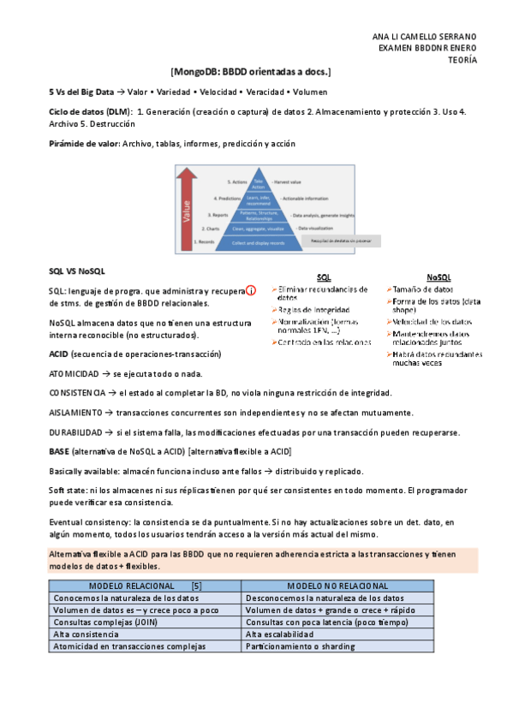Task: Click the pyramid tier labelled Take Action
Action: tap(259, 185)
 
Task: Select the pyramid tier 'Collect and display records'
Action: tap(259, 243)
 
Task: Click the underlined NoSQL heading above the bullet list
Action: tap(438, 277)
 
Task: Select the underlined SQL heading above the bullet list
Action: tap(324, 277)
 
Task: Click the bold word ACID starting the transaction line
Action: tap(58, 354)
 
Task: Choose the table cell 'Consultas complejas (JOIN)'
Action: tap(100, 622)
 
